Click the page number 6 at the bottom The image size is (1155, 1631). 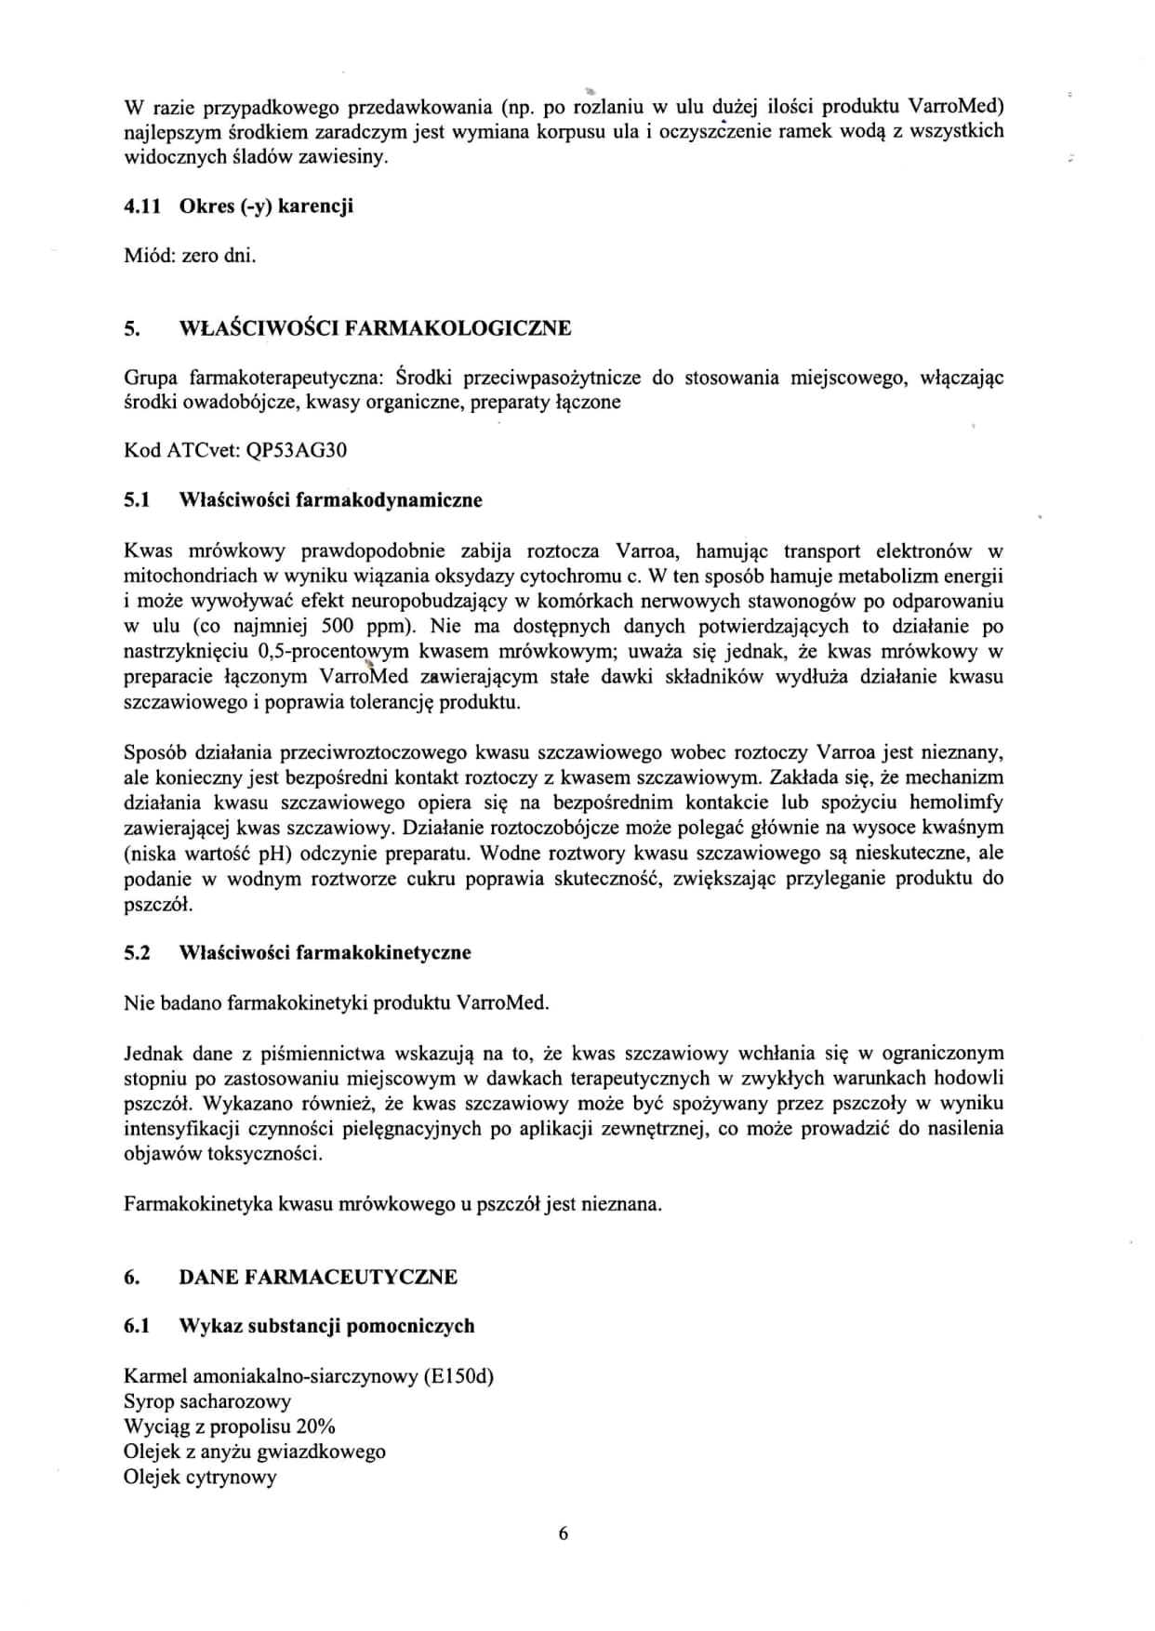(563, 1533)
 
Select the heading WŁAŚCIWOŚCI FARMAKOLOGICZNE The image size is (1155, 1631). (375, 328)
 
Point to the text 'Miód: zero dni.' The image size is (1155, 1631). (190, 256)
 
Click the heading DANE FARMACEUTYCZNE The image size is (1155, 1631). (317, 1277)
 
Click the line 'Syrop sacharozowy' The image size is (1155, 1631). (207, 1401)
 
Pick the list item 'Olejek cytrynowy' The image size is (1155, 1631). (200, 1477)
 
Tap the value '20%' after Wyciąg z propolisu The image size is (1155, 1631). (316, 1426)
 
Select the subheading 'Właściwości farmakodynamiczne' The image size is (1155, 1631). (330, 500)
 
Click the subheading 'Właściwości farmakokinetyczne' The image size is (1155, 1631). (325, 953)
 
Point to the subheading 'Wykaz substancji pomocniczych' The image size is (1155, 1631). (326, 1326)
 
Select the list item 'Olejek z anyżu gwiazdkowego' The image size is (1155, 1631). (254, 1452)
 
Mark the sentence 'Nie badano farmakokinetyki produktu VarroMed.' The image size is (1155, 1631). (336, 1003)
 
